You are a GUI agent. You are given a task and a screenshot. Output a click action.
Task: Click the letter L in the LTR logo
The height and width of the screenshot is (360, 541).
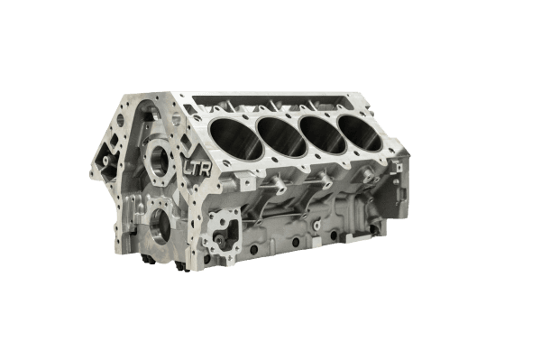(x=188, y=168)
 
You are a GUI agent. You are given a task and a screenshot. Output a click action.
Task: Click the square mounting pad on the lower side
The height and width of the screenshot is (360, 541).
(x=221, y=229)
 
